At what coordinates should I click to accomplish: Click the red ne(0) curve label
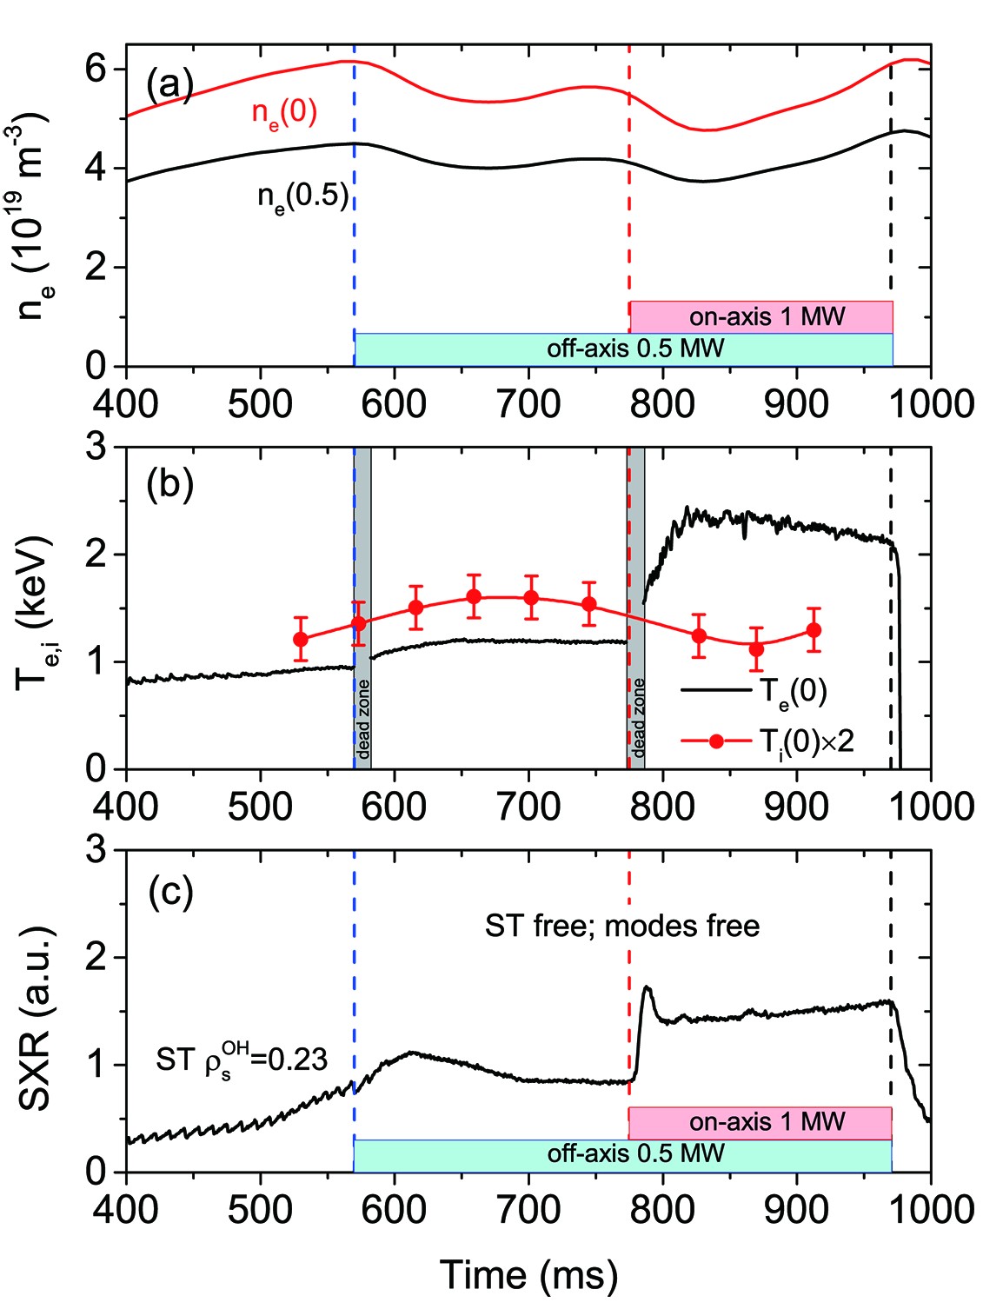tap(285, 112)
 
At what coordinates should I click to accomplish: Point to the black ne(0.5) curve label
tap(302, 197)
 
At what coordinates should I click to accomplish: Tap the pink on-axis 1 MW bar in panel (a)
tap(761, 316)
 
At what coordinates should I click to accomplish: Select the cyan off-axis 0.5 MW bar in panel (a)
tap(624, 349)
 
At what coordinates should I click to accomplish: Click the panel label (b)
tap(169, 484)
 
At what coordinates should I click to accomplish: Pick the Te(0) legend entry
tap(793, 691)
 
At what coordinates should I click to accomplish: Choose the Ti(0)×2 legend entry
tap(806, 741)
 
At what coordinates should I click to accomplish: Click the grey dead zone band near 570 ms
tap(362, 608)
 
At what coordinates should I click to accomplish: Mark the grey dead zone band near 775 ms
tap(637, 608)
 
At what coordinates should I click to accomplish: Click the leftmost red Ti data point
tap(301, 640)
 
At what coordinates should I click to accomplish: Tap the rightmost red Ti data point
tap(814, 630)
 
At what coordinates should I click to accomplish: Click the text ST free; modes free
tap(622, 927)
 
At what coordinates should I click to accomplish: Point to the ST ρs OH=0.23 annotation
tap(242, 1060)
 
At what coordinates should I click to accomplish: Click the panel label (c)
tap(169, 893)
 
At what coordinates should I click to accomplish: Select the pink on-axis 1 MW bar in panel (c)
tap(760, 1122)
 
